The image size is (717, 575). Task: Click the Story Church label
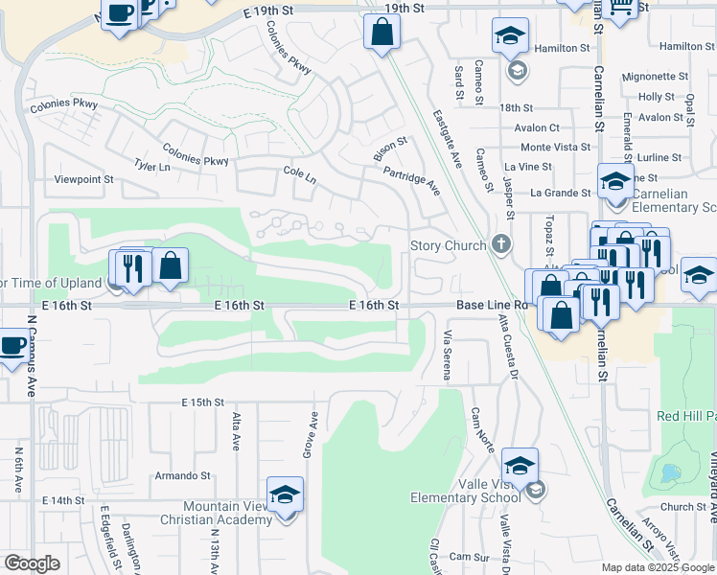click(x=448, y=245)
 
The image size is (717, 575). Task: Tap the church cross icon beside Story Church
click(x=499, y=244)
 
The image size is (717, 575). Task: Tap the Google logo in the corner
click(x=32, y=563)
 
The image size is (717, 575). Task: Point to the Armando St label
click(x=182, y=475)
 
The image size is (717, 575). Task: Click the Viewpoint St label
click(x=83, y=179)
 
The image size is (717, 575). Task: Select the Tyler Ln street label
click(x=151, y=166)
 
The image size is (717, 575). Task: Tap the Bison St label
click(x=389, y=149)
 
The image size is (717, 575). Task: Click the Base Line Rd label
click(x=492, y=305)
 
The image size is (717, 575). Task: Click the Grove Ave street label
click(x=312, y=433)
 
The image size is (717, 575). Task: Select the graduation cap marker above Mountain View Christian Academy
click(x=286, y=494)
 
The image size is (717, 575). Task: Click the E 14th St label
click(x=64, y=500)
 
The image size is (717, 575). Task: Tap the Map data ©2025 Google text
click(x=658, y=567)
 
